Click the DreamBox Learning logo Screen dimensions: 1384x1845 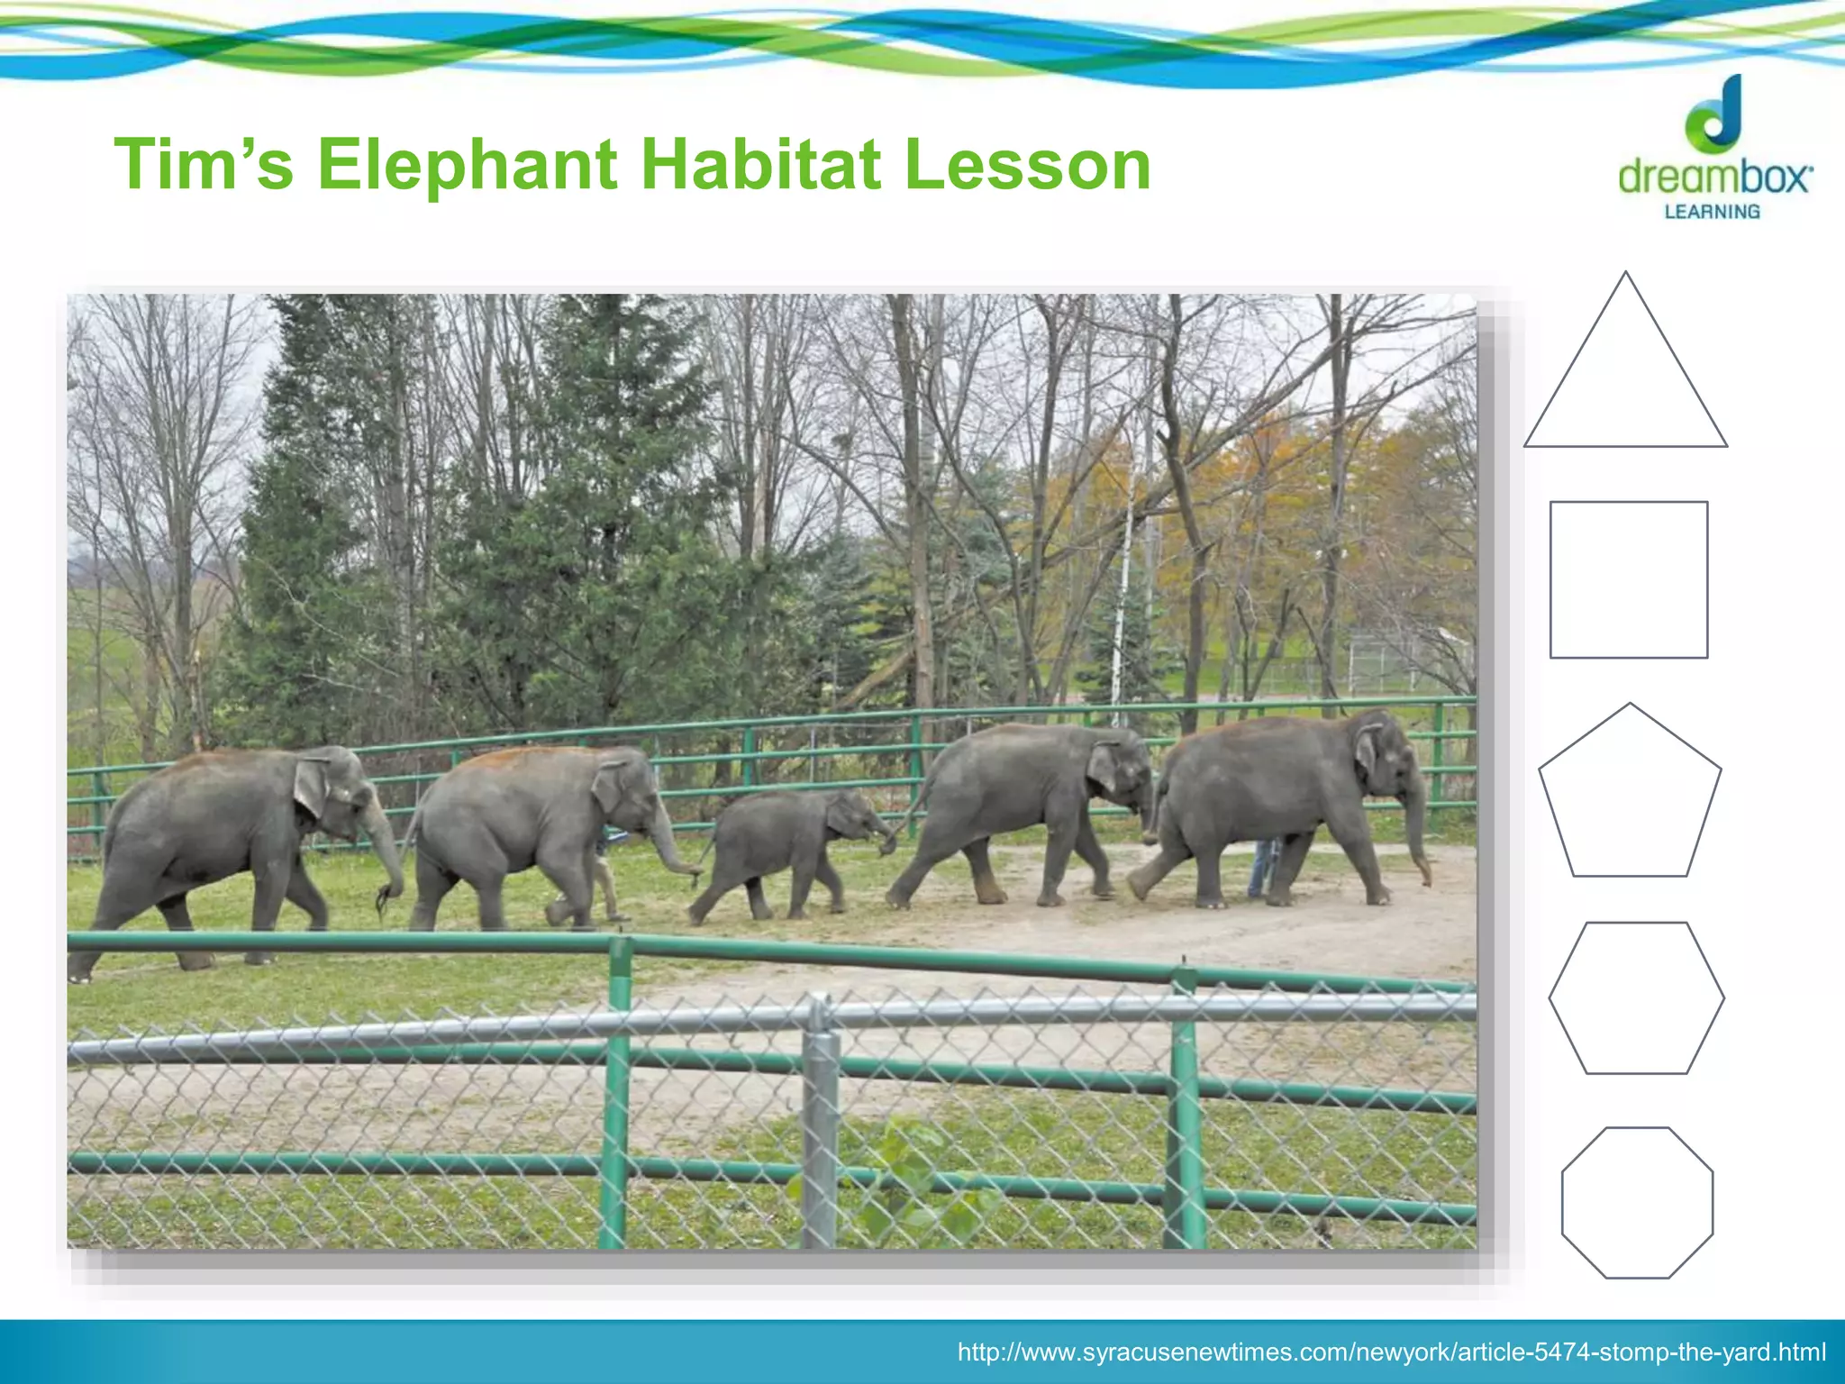(1713, 149)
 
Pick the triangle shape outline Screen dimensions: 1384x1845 (1625, 378)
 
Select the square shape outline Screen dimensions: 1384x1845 (1629, 579)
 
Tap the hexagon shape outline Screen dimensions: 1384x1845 (1636, 997)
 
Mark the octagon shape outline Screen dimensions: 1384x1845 (1637, 1202)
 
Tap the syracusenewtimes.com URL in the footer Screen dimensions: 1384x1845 (1391, 1352)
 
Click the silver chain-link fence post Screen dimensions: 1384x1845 (820, 1126)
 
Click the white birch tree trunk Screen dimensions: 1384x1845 (1122, 586)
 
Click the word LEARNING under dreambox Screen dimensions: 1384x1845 (1712, 212)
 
